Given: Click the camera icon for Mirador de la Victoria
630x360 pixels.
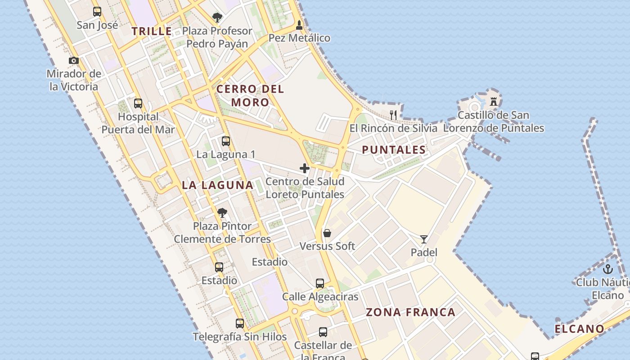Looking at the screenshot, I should [74, 60].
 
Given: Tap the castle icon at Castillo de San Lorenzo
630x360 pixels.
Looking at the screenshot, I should [494, 101].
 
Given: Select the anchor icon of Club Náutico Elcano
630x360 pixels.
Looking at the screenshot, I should [608, 269].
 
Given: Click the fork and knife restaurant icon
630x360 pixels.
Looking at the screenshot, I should [393, 115].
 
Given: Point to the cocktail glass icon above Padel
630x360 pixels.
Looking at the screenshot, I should [424, 239].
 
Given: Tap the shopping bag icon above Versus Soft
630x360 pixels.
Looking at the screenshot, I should [327, 233].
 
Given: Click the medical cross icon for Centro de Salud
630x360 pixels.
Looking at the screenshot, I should [305, 168].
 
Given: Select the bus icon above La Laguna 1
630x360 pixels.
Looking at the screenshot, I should [226, 141].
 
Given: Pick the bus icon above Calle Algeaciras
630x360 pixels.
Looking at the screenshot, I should [320, 283].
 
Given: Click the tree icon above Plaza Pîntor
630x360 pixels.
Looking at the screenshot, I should [222, 212].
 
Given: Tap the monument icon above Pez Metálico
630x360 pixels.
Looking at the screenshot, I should [299, 25].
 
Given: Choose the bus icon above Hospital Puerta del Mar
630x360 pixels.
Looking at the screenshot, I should [138, 103].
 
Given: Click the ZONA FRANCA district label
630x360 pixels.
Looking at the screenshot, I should [410, 312].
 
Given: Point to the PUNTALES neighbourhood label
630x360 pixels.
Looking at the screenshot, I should [394, 150].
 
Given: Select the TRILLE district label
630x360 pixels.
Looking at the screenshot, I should [152, 31].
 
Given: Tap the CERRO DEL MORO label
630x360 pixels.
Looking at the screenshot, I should [250, 95].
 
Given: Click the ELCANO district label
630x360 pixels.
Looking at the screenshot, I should [579, 329].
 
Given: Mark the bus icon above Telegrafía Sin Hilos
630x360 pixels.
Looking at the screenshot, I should [240, 323].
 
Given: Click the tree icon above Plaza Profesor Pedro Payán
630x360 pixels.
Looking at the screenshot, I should [217, 18].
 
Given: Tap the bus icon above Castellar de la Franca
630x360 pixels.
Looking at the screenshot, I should [323, 332].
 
